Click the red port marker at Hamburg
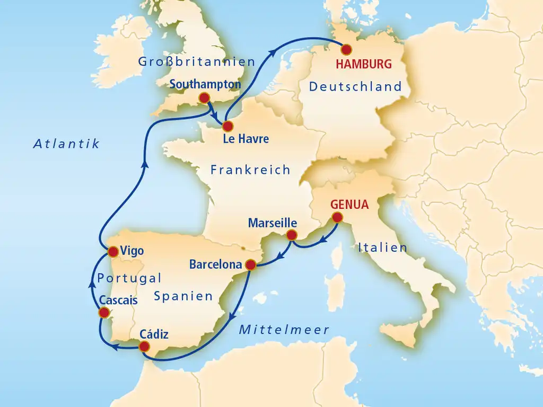(x=346, y=50)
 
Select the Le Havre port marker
(x=227, y=127)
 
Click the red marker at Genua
(x=337, y=217)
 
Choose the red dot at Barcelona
(x=251, y=264)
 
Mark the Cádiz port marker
(x=144, y=347)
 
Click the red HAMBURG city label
(x=364, y=65)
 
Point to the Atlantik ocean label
(x=66, y=144)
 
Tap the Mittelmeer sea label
(x=284, y=330)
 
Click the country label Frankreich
(x=250, y=170)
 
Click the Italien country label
(x=382, y=247)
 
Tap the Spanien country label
(x=183, y=296)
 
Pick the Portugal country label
(x=129, y=278)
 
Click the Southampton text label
(x=205, y=84)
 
